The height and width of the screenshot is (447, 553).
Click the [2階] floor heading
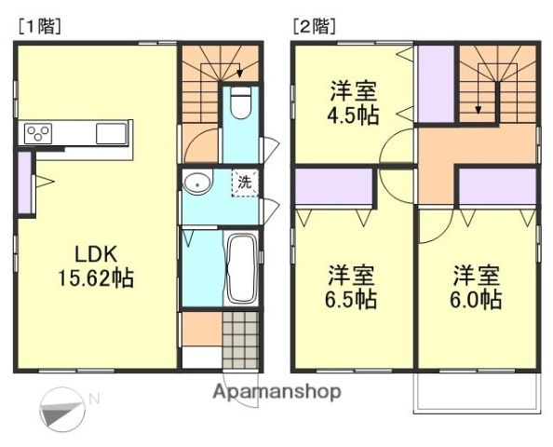coord(314,26)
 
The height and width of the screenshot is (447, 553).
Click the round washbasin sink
coord(196,183)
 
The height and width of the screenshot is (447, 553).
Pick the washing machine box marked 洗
coord(243,183)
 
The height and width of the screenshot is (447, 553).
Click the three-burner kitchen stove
coord(40,133)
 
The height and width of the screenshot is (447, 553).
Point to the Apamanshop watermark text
coord(276,391)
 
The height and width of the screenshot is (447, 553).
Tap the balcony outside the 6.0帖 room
coord(476,393)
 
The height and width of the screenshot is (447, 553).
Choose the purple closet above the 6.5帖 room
coord(333,187)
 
